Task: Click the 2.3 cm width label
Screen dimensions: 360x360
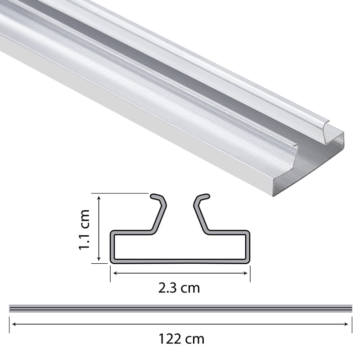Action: pyautogui.click(x=179, y=288)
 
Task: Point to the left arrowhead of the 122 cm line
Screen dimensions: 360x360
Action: pyautogui.click(x=12, y=324)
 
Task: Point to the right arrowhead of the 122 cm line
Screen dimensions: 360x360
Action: pyautogui.click(x=350, y=324)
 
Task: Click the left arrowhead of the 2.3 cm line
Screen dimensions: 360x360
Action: pyautogui.click(x=113, y=272)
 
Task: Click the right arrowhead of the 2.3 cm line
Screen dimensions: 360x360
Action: pyautogui.click(x=247, y=272)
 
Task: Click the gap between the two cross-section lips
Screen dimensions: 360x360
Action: pyautogui.click(x=180, y=211)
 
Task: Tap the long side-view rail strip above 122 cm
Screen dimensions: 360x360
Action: pyautogui.click(x=180, y=308)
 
